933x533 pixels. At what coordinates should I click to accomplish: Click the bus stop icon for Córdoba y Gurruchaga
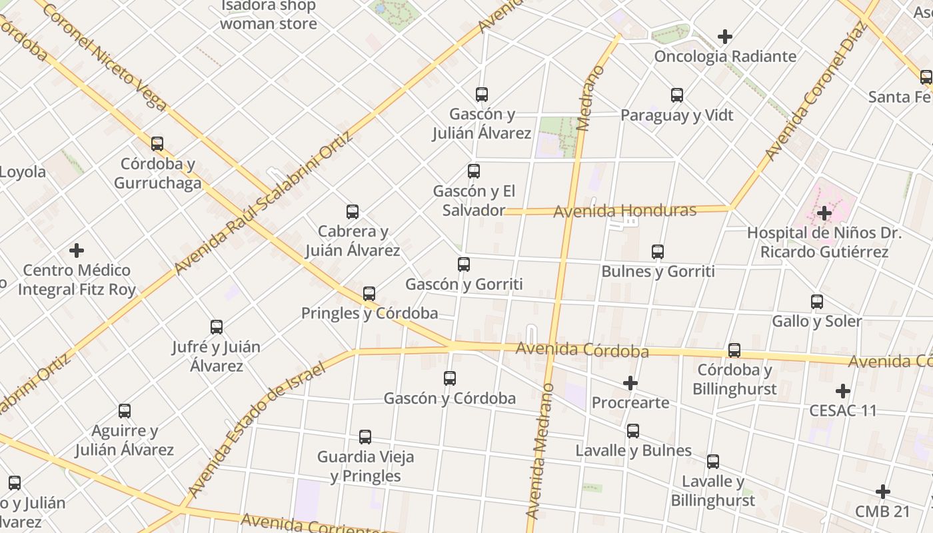[x=157, y=143]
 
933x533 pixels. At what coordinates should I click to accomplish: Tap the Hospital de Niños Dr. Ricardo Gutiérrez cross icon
[x=824, y=213]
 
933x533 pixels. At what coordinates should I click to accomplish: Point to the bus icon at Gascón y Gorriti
[x=464, y=265]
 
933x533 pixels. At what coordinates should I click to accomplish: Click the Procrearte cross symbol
[x=630, y=383]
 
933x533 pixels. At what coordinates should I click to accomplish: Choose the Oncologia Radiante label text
[x=725, y=56]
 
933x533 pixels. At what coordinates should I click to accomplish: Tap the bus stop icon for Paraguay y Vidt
[x=677, y=95]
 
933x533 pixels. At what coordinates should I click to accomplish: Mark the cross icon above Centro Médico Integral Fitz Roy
[x=77, y=251]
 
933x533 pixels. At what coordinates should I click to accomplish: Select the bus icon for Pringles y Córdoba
[x=369, y=294]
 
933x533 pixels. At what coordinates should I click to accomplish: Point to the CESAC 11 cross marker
[x=843, y=391]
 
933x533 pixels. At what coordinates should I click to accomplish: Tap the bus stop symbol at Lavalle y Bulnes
[x=633, y=431]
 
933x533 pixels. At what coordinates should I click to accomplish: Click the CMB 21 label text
[x=882, y=512]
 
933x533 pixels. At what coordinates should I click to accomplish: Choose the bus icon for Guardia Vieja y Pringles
[x=365, y=437]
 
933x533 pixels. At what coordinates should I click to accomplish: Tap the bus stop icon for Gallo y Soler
[x=817, y=302]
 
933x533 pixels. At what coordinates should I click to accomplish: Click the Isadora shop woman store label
[x=268, y=15]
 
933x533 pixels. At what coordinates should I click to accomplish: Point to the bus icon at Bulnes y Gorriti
[x=658, y=252]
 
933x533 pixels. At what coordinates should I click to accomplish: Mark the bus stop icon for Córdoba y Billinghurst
[x=734, y=350]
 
